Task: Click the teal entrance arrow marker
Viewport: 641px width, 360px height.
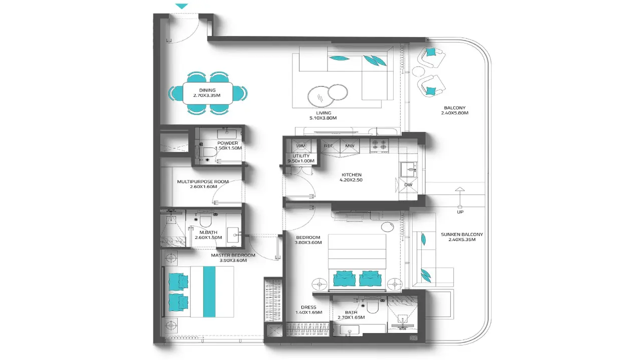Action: click(x=181, y=6)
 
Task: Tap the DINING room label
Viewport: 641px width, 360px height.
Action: click(x=207, y=90)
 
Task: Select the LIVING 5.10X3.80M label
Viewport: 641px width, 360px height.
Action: click(x=323, y=115)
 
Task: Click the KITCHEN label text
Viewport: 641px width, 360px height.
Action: click(x=352, y=175)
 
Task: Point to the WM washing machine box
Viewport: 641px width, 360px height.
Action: click(x=301, y=145)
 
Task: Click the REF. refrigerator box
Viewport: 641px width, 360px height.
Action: click(x=330, y=146)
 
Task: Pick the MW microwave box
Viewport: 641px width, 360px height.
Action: click(x=350, y=146)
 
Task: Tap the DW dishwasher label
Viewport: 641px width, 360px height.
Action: click(x=408, y=185)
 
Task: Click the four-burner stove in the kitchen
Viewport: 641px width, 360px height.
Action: click(x=379, y=146)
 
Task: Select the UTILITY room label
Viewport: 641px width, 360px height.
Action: click(x=301, y=156)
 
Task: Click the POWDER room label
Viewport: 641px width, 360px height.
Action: click(x=228, y=143)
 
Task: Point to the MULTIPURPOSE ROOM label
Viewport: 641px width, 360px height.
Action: click(x=203, y=181)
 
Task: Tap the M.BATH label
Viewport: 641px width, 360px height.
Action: click(x=208, y=232)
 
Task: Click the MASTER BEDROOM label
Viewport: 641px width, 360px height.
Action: click(x=233, y=255)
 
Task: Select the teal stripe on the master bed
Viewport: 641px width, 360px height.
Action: click(x=209, y=291)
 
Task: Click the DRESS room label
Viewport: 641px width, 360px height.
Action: click(x=308, y=307)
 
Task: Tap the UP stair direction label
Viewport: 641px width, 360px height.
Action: click(x=460, y=212)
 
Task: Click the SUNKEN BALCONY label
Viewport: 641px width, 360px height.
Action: click(x=462, y=234)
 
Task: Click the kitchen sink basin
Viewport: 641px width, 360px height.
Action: click(x=409, y=169)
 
